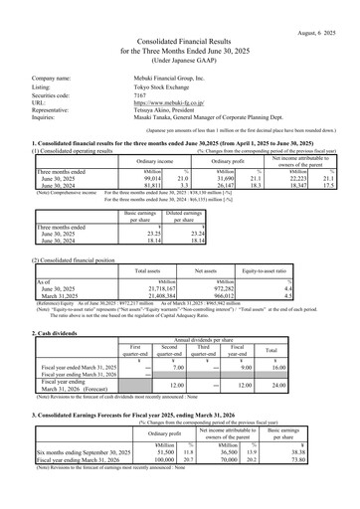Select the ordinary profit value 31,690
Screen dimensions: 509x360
click(195, 203)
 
